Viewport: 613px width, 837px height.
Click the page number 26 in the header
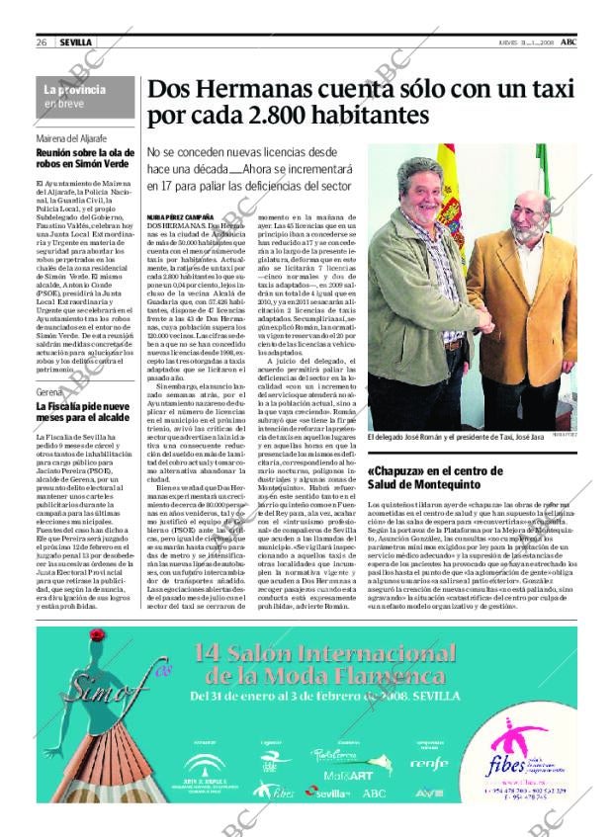click(x=43, y=42)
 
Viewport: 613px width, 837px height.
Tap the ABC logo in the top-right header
click(x=569, y=42)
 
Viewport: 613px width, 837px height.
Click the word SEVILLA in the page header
click(x=75, y=42)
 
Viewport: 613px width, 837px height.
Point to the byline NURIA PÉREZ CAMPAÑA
click(x=179, y=214)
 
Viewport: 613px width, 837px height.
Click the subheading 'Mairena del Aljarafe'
click(x=71, y=138)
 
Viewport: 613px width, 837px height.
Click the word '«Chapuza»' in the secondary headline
click(x=399, y=470)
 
